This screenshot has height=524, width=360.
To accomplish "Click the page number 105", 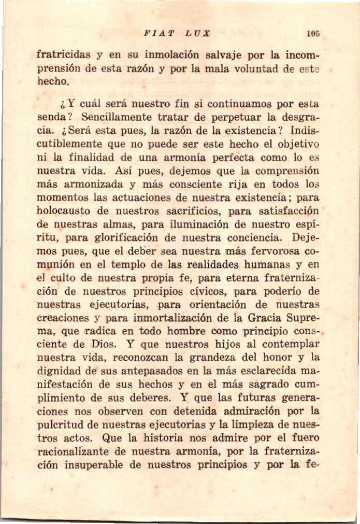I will click(x=313, y=34).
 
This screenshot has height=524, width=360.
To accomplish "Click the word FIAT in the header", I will click(x=155, y=34).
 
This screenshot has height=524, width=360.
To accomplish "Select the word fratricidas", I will click(x=64, y=54).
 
